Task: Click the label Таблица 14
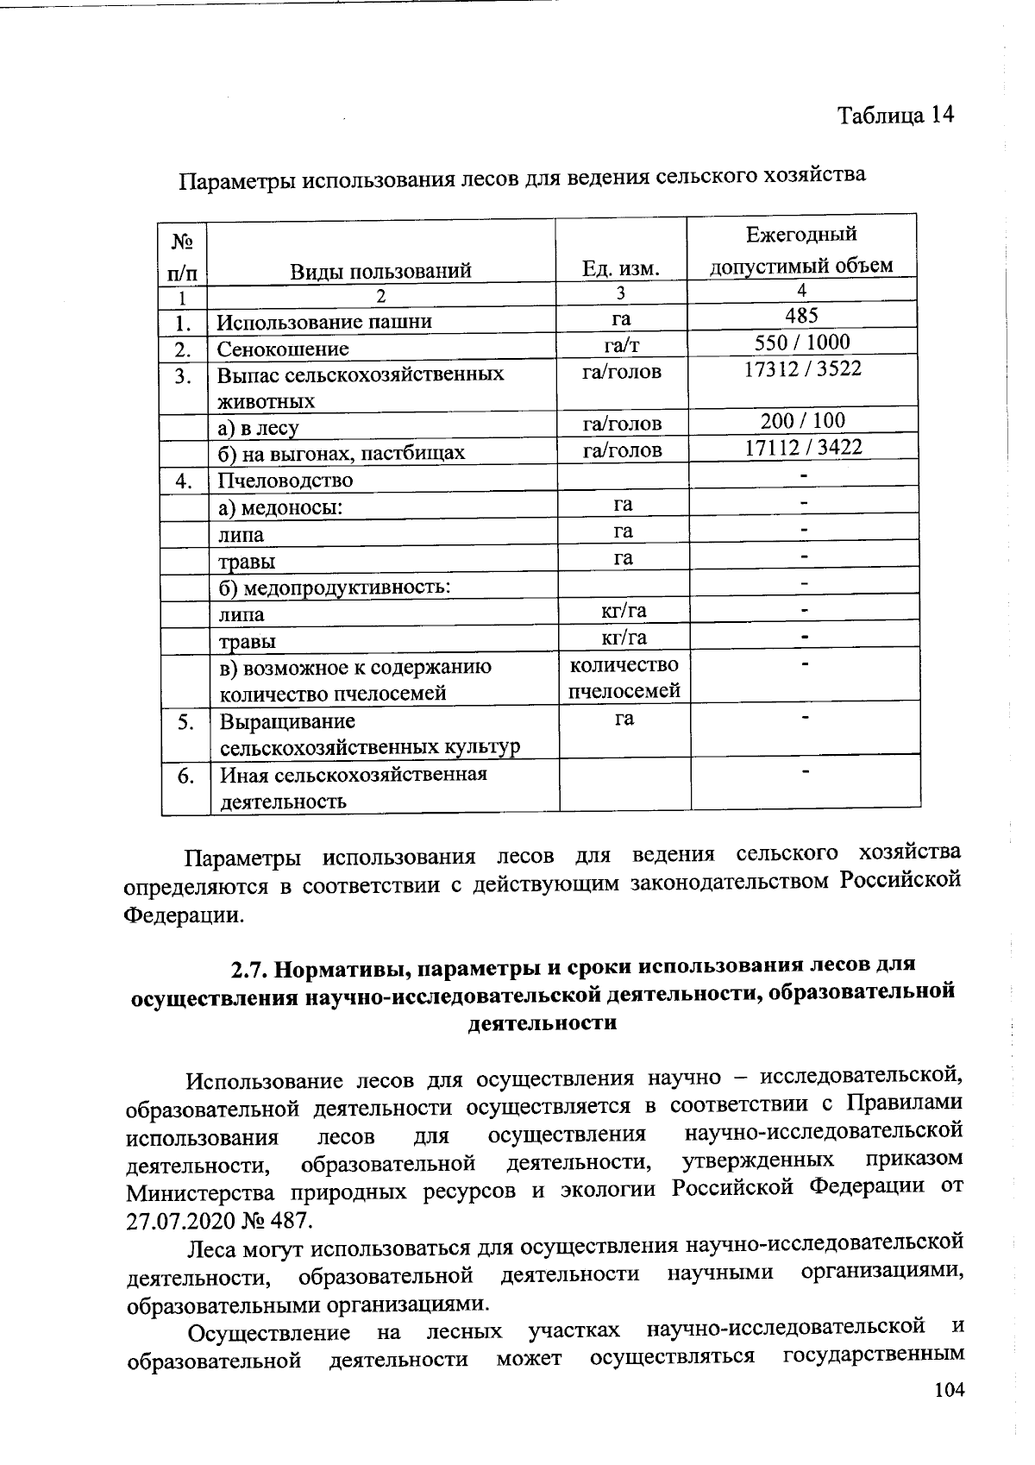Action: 895,116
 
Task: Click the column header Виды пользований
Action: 380,271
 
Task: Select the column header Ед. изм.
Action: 621,268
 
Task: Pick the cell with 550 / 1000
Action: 802,342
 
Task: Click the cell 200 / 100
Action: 803,421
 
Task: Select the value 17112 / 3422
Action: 803,447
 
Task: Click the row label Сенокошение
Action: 283,349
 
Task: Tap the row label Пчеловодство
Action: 285,481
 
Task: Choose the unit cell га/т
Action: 622,345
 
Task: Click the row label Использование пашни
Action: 323,323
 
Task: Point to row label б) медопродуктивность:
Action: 336,588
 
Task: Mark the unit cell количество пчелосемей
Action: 624,678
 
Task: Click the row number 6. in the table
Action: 185,776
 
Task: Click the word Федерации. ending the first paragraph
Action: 184,914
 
